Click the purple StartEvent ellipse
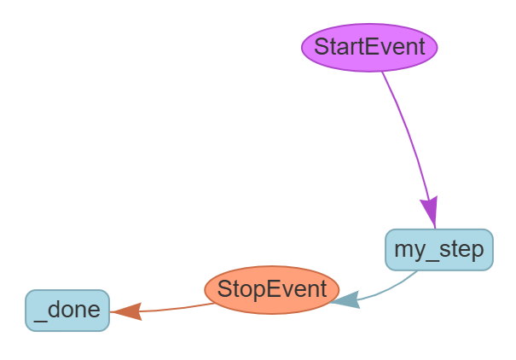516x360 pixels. point(369,47)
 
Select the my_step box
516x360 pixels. point(438,250)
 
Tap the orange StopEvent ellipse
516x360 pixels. point(272,289)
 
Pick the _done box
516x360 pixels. point(67,311)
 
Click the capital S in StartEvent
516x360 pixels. point(322,47)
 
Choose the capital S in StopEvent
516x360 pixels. point(224,289)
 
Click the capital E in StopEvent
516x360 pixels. point(273,289)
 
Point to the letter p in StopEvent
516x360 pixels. point(260,291)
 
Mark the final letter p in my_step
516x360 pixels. point(477,253)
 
